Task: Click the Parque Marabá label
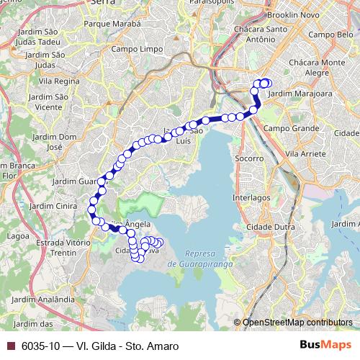point(112,23)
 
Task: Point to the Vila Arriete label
point(307,154)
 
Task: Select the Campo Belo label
point(328,34)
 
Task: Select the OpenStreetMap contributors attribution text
point(297,322)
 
